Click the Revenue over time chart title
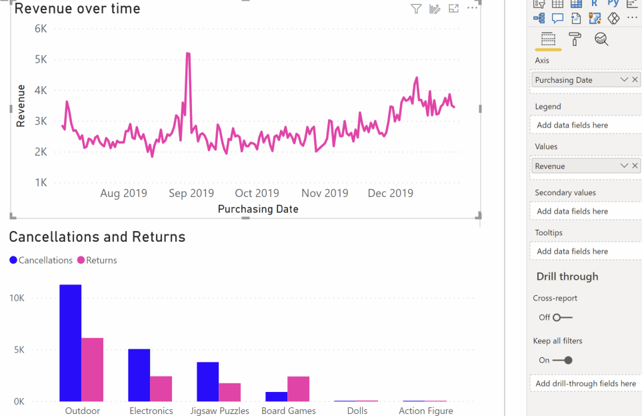[x=77, y=9]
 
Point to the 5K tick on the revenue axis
[x=41, y=59]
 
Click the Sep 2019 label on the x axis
[x=191, y=193]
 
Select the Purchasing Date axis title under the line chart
[x=258, y=209]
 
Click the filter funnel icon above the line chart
[x=416, y=9]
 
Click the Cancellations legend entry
[x=41, y=260]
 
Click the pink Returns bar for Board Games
[x=298, y=389]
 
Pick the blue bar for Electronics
[x=139, y=375]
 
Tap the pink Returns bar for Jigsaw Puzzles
[x=229, y=392]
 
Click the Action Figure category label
[x=425, y=411]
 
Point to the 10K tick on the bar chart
[x=17, y=298]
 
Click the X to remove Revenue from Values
[x=635, y=166]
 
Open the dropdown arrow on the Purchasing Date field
[x=624, y=79]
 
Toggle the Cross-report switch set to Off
[x=563, y=318]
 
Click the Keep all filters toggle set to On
[x=563, y=360]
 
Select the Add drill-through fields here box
[x=586, y=383]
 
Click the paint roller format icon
[x=575, y=39]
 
